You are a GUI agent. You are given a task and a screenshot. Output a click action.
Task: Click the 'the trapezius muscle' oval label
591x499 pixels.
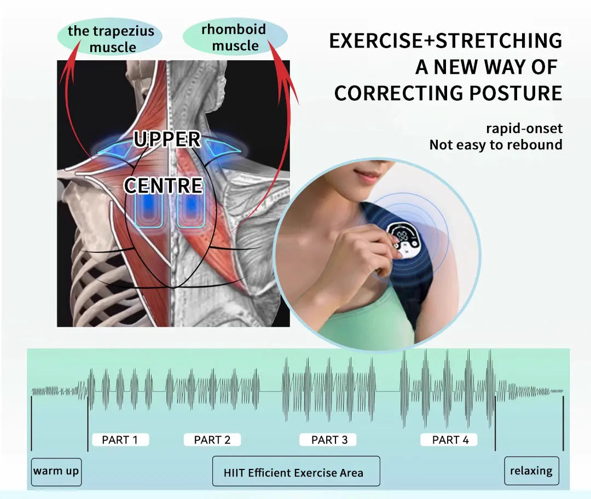[111, 38]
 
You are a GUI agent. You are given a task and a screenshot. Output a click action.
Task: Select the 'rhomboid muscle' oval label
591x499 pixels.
[234, 37]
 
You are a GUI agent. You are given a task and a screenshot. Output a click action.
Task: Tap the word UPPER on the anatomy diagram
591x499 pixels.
[167, 140]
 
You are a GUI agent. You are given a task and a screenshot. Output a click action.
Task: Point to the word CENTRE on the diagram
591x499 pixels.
[163, 186]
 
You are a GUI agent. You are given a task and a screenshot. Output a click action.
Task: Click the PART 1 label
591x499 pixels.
[120, 439]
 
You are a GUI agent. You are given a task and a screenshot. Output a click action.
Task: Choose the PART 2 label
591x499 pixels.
[212, 439]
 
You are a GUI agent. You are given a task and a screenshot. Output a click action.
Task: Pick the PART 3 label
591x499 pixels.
[329, 439]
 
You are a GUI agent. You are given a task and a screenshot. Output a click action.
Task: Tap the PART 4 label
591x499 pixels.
[450, 439]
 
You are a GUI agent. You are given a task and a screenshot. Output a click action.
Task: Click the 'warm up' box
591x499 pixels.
[56, 471]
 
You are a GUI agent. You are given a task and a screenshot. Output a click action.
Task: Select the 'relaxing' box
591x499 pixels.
[531, 471]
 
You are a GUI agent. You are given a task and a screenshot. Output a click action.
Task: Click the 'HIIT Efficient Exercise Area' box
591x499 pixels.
[296, 472]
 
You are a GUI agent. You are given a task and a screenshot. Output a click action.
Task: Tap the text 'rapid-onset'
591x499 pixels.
[524, 129]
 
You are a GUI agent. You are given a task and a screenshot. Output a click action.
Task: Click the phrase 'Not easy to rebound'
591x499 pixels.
[495, 145]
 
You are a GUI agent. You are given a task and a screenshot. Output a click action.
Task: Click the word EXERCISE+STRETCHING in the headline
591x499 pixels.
[445, 41]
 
